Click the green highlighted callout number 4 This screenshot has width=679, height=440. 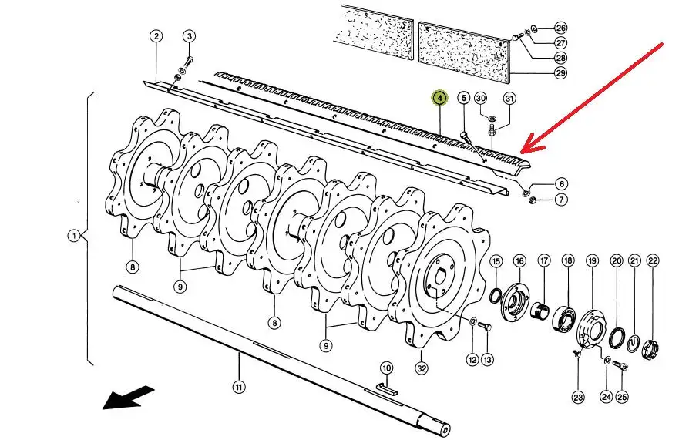tap(439, 99)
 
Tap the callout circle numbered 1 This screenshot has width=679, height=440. tap(74, 236)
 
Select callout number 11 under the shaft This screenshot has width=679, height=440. tap(239, 387)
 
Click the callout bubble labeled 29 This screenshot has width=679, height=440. tap(561, 72)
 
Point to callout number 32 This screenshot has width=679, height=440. tap(422, 368)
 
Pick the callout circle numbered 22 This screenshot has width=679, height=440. tap(653, 260)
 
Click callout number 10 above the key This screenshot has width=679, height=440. tap(387, 368)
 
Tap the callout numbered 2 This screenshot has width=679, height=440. tap(156, 36)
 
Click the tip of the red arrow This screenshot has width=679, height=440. tap(521, 152)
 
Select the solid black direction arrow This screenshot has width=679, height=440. tap(128, 398)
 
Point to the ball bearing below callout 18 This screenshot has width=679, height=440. tap(565, 320)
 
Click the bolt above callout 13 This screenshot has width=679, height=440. tap(486, 327)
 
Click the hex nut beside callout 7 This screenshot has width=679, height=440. tap(533, 200)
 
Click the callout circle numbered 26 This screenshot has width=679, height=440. tap(561, 29)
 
